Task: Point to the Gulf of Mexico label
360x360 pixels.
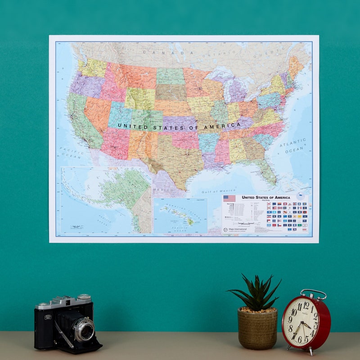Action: tap(218, 191)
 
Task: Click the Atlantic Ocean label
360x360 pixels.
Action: tap(292, 145)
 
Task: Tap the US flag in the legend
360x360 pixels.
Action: tap(229, 198)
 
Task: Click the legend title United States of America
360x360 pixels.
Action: tap(266, 197)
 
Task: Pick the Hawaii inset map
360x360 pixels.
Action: tap(180, 216)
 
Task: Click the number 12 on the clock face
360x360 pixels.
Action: tap(306, 306)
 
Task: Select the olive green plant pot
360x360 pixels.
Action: tap(257, 328)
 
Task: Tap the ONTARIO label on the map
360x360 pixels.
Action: tap(215, 54)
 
